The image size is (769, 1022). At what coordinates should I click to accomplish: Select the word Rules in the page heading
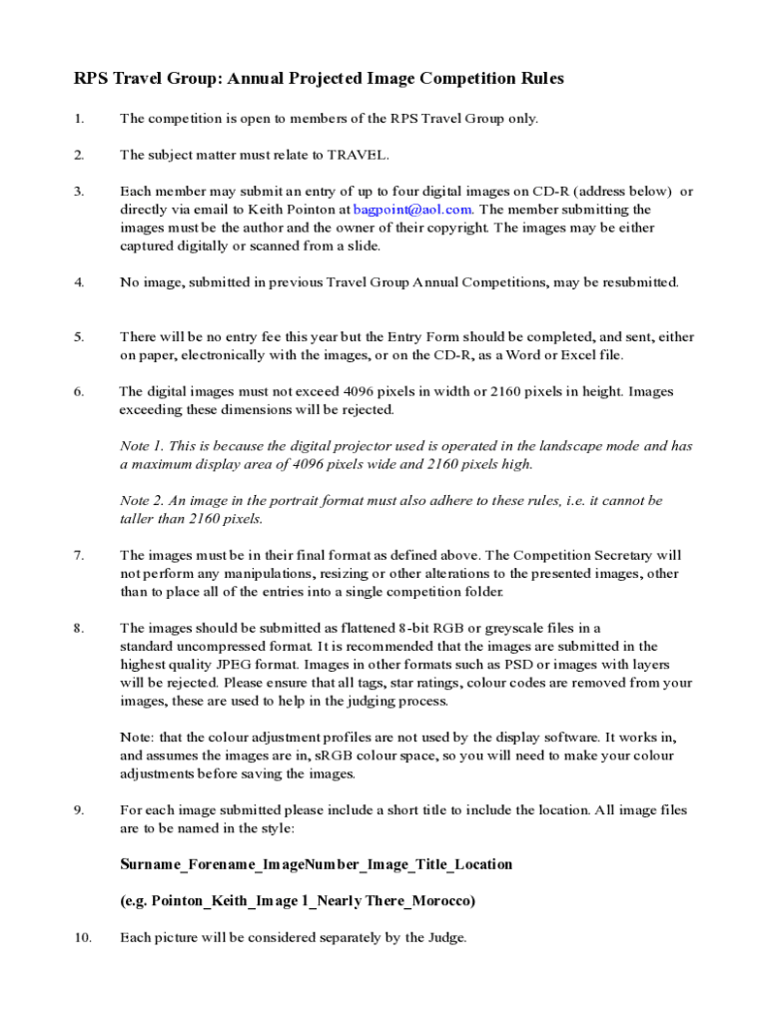tap(539, 79)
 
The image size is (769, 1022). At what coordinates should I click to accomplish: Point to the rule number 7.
tap(78, 555)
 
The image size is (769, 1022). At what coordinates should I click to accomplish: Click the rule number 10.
tap(82, 937)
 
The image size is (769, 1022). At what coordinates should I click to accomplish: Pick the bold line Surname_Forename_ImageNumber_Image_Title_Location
tap(316, 864)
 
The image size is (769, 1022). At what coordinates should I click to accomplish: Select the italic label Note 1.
tap(140, 446)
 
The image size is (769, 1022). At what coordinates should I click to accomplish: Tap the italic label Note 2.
tap(140, 501)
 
